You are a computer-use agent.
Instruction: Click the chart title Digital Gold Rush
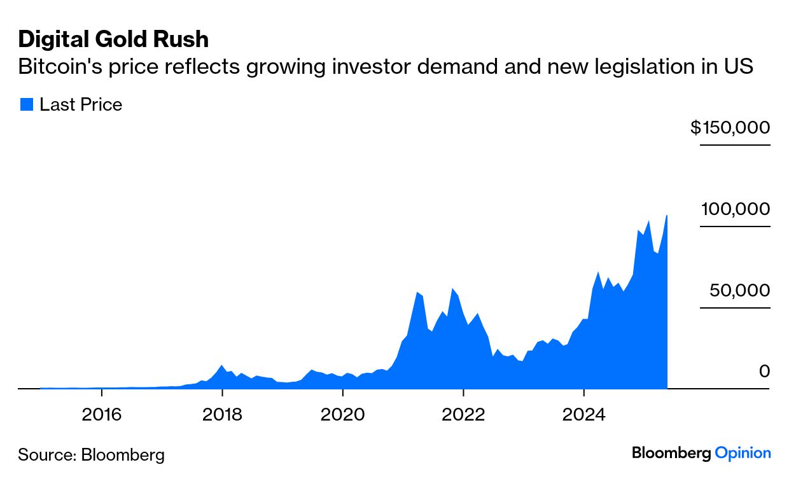[x=113, y=39]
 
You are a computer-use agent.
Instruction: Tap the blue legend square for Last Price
[x=26, y=105]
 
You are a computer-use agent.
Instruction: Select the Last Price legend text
[x=81, y=105]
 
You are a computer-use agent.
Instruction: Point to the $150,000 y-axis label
[x=730, y=128]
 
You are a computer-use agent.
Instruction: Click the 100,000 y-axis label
[x=736, y=209]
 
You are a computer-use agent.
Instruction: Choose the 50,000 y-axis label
[x=740, y=291]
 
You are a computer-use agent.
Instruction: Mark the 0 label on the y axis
[x=764, y=371]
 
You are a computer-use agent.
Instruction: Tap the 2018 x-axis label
[x=221, y=415]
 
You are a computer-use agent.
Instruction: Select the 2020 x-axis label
[x=342, y=415]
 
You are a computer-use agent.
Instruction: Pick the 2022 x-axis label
[x=463, y=415]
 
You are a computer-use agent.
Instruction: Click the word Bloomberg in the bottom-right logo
[x=671, y=454]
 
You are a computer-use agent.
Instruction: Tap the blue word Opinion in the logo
[x=743, y=454]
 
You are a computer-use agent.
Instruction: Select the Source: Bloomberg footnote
[x=91, y=455]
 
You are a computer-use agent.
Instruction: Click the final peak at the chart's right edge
[x=666, y=216]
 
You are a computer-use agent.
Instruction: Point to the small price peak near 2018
[x=221, y=366]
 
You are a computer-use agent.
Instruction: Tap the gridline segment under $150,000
[x=735, y=145]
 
